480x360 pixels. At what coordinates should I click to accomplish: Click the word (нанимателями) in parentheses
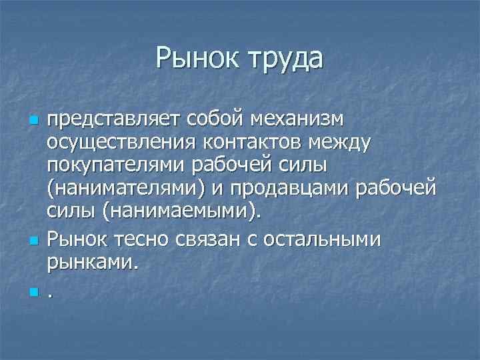pyautogui.click(x=125, y=192)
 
